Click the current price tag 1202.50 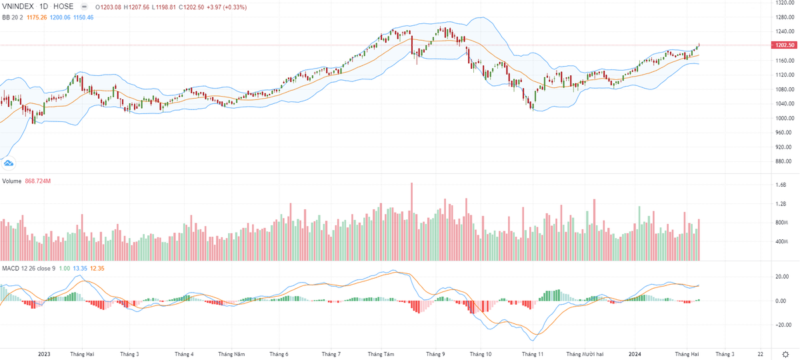784,45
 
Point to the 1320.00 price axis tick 784,3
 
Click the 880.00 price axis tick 783,161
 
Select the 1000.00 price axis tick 784,118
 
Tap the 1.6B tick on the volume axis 781,185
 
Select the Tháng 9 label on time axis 435,354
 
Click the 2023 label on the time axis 45,354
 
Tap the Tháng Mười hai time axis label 585,354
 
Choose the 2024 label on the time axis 635,354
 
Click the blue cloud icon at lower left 9,162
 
